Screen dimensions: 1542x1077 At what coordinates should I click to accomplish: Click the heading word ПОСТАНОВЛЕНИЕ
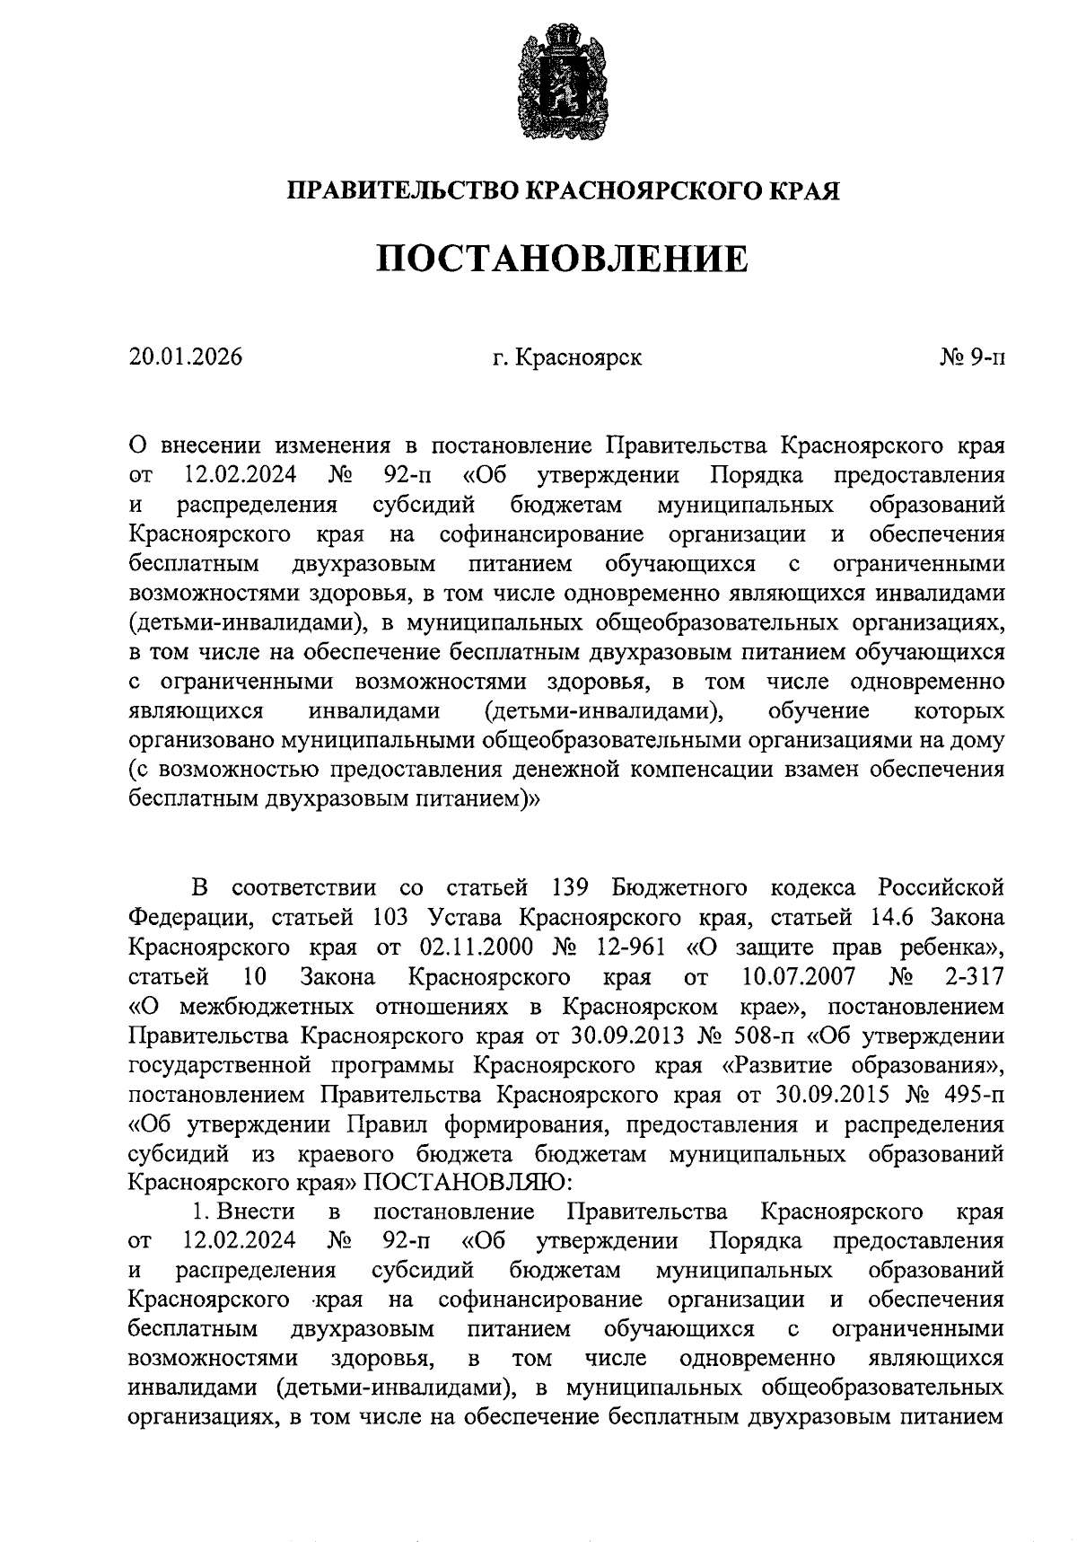click(x=562, y=259)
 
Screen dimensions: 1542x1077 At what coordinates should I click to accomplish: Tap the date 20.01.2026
click(x=186, y=357)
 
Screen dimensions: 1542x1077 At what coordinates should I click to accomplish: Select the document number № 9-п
click(x=971, y=357)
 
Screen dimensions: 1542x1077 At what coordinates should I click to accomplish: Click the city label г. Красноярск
click(x=567, y=357)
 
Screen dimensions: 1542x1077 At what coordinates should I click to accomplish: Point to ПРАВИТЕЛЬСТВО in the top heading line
click(x=401, y=190)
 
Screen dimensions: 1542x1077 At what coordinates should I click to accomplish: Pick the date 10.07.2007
click(x=800, y=977)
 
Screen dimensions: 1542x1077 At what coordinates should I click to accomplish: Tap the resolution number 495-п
click(x=971, y=1095)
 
